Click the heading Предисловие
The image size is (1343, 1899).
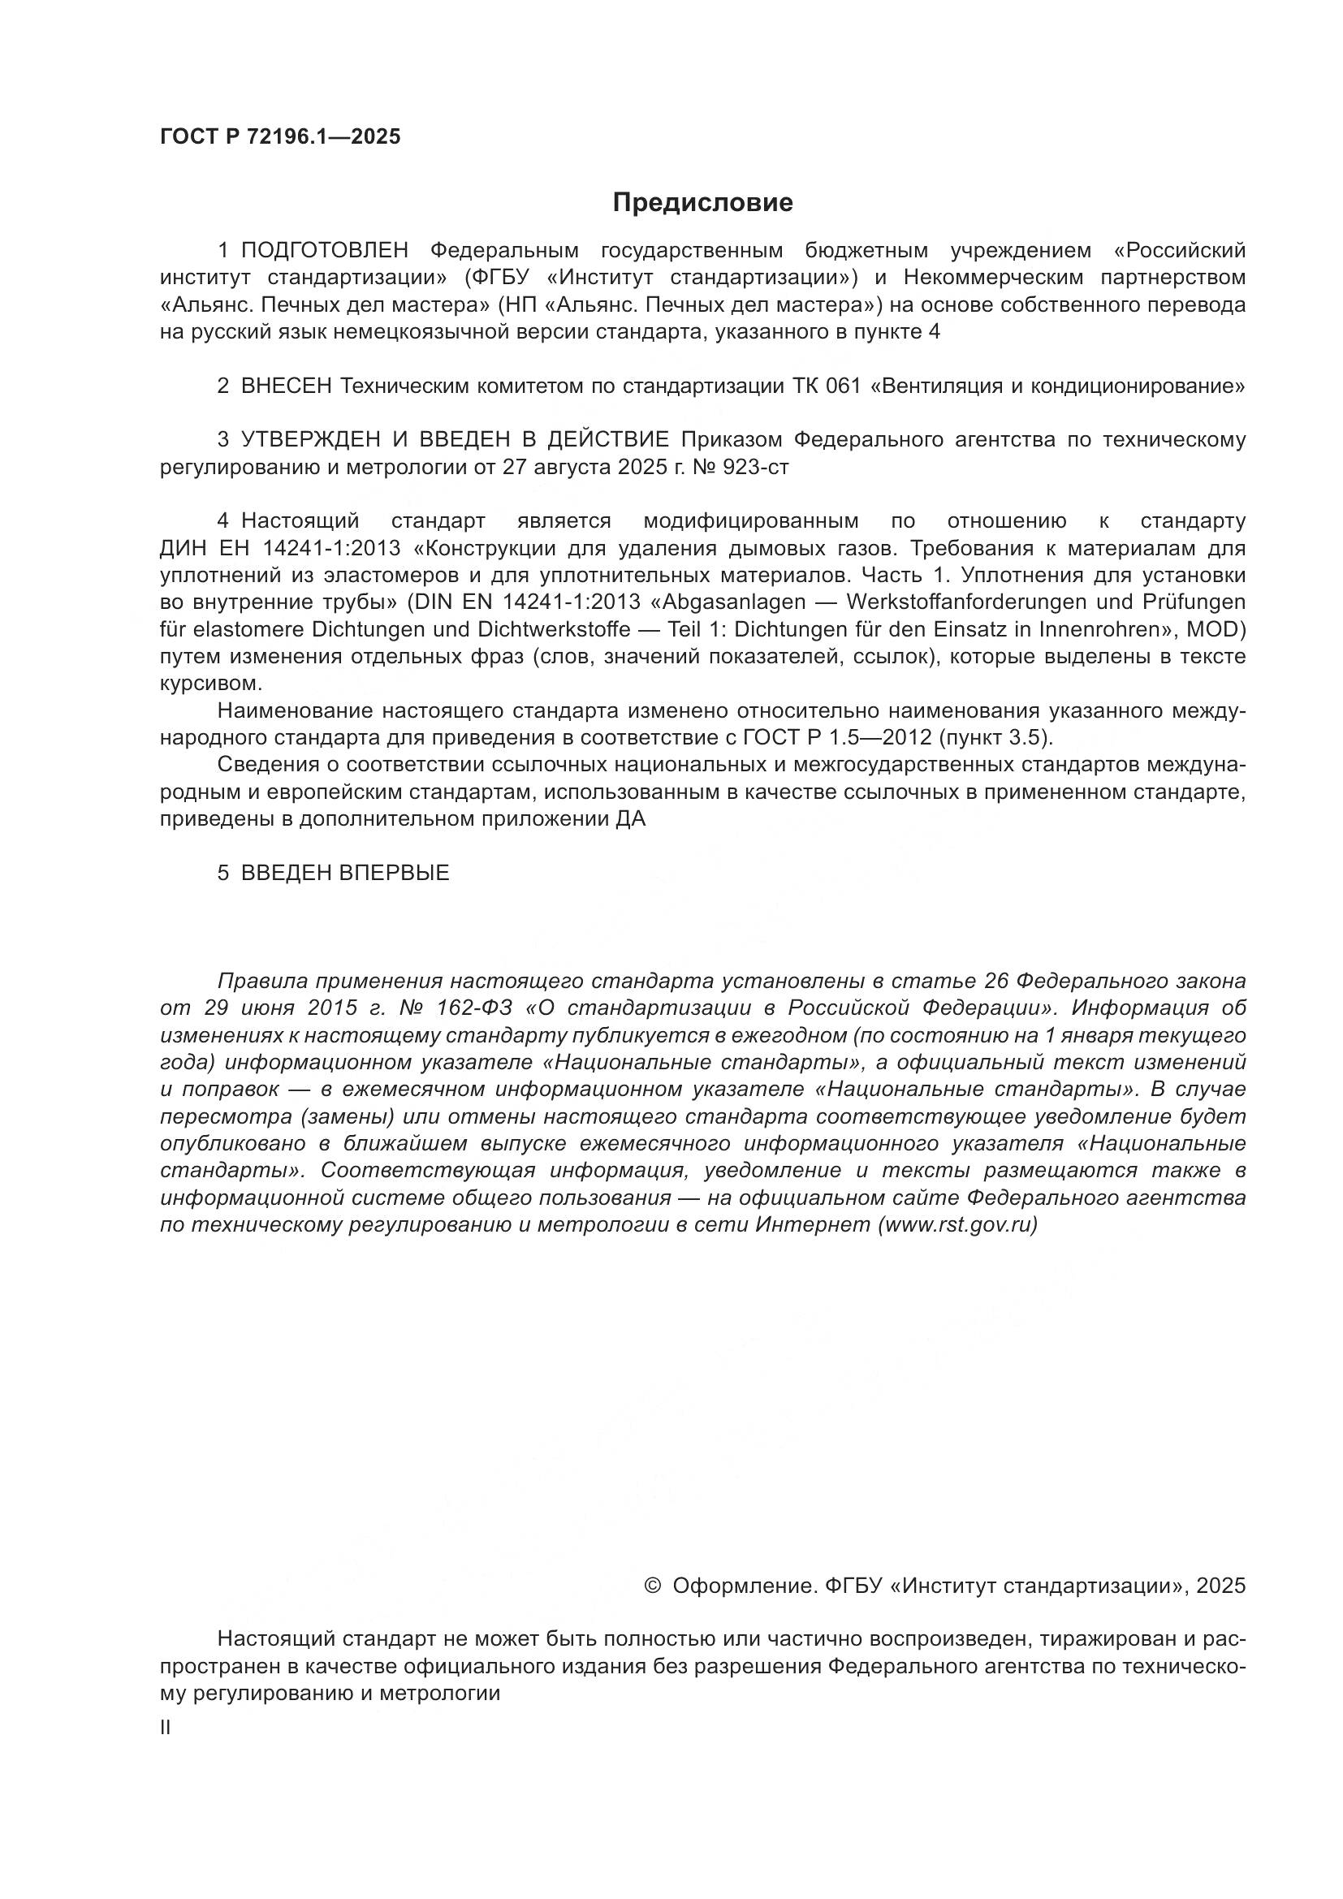[702, 203]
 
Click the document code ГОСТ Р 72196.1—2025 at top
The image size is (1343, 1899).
[279, 137]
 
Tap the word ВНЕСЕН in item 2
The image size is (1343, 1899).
[286, 386]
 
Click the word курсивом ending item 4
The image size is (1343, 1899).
[210, 684]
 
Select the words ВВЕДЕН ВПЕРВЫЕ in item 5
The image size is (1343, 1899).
[345, 874]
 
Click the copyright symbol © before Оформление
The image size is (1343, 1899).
[652, 1586]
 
